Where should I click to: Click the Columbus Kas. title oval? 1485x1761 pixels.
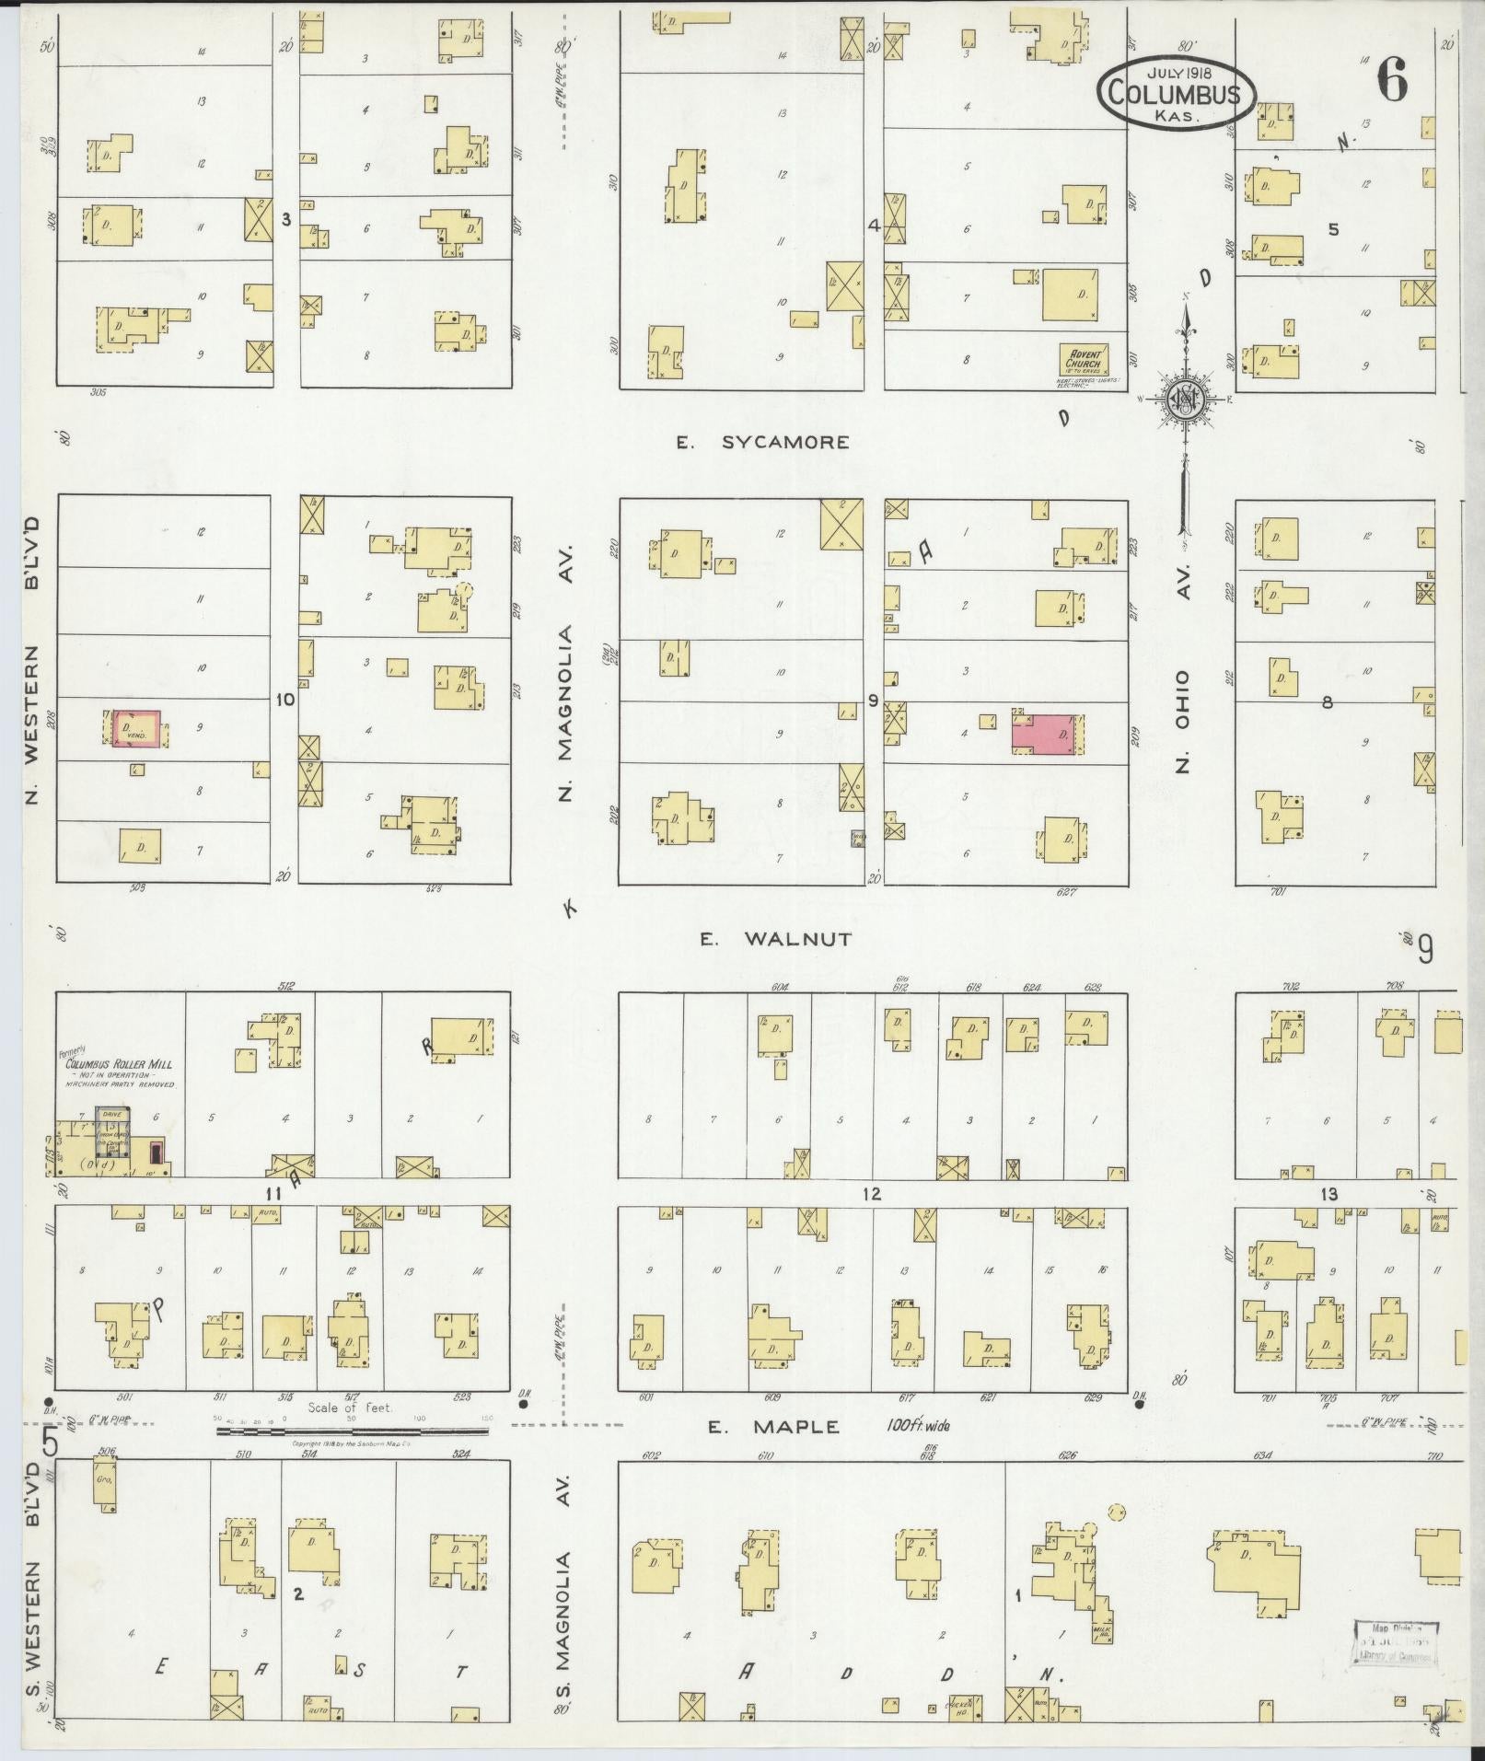[1176, 93]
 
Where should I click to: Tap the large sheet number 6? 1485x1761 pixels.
[1391, 81]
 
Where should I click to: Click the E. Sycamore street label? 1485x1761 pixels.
[762, 443]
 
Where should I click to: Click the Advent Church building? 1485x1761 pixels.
[1084, 360]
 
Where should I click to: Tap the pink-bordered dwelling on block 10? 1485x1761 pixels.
[136, 727]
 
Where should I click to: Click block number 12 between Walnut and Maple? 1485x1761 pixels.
[871, 1194]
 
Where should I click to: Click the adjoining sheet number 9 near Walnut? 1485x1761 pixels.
[1425, 949]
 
